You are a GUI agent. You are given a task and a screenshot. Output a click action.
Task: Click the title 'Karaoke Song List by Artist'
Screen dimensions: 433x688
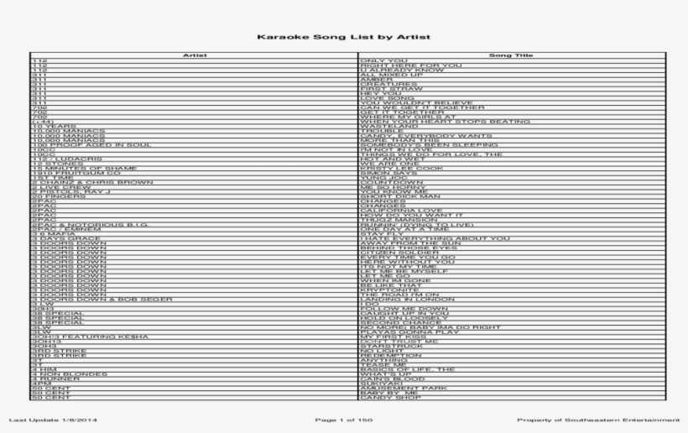point(343,37)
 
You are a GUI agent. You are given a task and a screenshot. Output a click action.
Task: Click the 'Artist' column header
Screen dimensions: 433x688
point(195,55)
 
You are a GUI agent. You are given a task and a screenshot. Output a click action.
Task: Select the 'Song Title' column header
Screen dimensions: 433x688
point(506,55)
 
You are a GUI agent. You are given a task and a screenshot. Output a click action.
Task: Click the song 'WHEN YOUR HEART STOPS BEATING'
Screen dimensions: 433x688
point(433,121)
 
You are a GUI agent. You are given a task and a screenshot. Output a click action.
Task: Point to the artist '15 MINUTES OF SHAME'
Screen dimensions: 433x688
point(72,169)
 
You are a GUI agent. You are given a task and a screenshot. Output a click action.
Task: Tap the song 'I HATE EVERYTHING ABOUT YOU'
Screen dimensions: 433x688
point(434,238)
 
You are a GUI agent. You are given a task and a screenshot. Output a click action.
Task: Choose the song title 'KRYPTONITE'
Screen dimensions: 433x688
point(385,290)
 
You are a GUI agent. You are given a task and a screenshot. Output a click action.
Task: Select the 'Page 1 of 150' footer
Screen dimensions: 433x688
point(343,419)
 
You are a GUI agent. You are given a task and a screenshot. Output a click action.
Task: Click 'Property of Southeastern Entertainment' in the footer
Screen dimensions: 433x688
point(598,419)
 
